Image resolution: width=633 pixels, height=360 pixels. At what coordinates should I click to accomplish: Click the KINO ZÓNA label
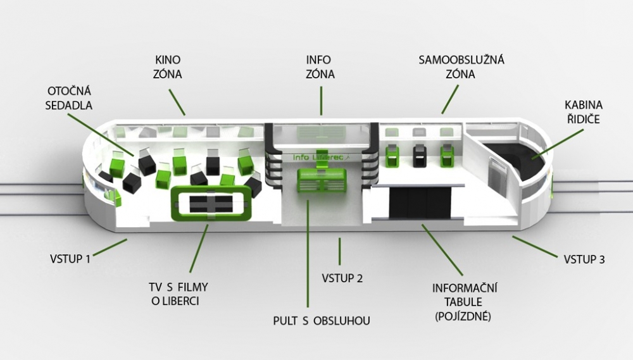[x=168, y=67]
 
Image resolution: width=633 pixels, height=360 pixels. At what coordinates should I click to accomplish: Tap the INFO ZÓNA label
[x=320, y=67]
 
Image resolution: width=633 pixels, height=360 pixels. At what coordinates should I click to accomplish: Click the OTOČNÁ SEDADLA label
[x=69, y=97]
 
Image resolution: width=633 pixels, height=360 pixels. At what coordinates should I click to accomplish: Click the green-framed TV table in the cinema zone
[x=212, y=204]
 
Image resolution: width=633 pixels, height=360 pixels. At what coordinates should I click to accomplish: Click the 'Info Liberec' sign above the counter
[x=320, y=156]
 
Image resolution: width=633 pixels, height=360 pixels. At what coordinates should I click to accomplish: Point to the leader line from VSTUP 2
[x=340, y=251]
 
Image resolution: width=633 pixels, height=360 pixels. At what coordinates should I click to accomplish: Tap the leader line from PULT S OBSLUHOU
[x=308, y=253]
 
